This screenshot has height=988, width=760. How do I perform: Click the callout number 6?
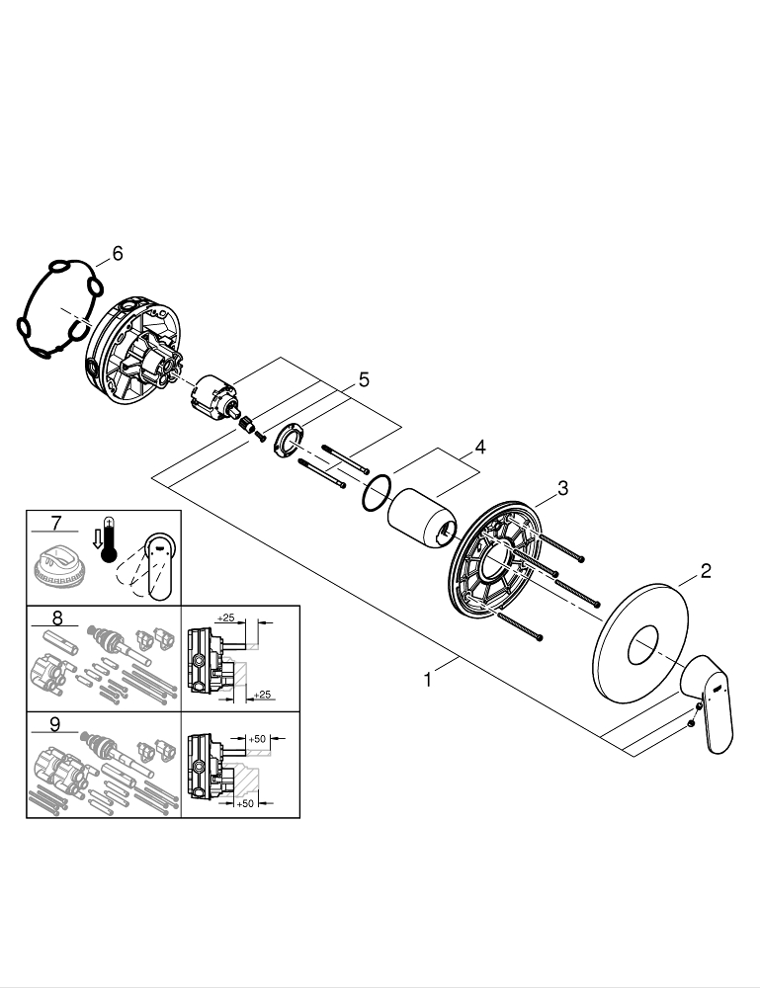(117, 255)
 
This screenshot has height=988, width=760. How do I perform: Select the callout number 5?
(364, 379)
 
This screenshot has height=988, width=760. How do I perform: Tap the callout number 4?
(479, 447)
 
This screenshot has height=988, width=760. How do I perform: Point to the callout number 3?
(561, 487)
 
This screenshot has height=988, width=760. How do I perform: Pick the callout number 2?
(705, 570)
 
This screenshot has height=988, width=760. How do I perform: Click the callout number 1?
(427, 680)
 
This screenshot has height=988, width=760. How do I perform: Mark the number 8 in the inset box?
(56, 618)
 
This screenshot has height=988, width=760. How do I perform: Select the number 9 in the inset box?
(55, 723)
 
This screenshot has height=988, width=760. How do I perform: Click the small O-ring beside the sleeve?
(375, 492)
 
